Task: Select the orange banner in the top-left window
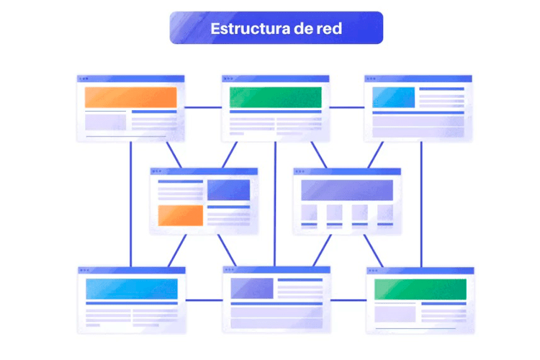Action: [x=130, y=97]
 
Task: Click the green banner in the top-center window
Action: [x=275, y=97]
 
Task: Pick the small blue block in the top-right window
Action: [x=393, y=97]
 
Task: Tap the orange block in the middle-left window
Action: [x=180, y=215]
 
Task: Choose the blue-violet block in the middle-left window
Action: [x=228, y=190]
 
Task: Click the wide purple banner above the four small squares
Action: [x=346, y=190]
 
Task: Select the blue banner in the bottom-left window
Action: [x=131, y=289]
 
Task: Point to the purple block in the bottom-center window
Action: [x=252, y=288]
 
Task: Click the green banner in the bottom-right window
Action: [x=420, y=289]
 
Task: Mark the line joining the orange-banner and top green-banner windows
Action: [x=202, y=107]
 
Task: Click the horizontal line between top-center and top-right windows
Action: [x=347, y=107]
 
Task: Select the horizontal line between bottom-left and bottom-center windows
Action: [x=204, y=300]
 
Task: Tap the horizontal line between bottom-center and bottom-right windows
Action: [x=348, y=300]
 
